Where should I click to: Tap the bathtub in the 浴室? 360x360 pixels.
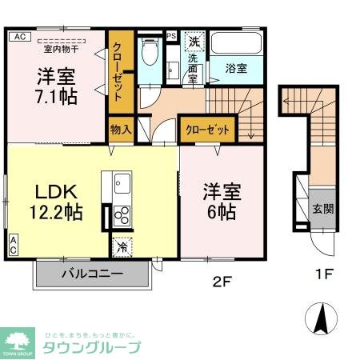point(236,45)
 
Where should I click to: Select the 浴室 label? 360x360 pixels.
point(236,69)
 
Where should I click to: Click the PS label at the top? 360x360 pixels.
point(171,35)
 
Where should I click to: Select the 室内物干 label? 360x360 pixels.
point(55,48)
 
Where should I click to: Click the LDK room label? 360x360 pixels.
point(54,193)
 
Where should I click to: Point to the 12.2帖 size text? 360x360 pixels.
point(54,214)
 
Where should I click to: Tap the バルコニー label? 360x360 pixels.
point(93,274)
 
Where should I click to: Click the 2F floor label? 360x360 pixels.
point(222,282)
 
